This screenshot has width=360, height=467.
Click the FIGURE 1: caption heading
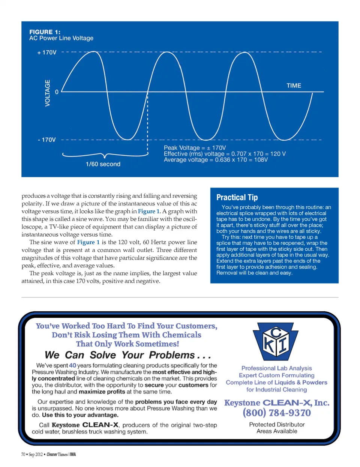click(45, 32)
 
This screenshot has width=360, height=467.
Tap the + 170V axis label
click(47, 53)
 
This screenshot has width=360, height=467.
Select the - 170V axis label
click(47, 140)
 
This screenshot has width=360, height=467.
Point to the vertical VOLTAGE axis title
click(47, 93)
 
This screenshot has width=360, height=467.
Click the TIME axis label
click(294, 86)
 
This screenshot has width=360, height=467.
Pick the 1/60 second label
click(103, 164)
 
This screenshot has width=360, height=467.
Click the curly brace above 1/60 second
click(105, 155)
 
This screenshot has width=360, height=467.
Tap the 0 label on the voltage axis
click(57, 92)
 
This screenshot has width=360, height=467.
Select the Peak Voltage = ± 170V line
click(195, 148)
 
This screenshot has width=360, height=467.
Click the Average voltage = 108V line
click(216, 160)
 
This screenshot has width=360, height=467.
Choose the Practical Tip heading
click(237, 197)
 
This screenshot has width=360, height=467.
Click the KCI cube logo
click(276, 341)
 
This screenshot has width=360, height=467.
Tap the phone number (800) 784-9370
click(277, 413)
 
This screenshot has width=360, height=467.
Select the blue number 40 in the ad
click(72, 365)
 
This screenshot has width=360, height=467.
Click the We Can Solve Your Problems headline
click(127, 355)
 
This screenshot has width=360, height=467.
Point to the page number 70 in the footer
click(23, 454)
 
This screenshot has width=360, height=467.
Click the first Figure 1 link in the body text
click(149, 211)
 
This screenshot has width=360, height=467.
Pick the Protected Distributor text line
click(277, 424)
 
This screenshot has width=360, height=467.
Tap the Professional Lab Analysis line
click(277, 368)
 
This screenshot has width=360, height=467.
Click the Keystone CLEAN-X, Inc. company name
click(277, 402)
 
